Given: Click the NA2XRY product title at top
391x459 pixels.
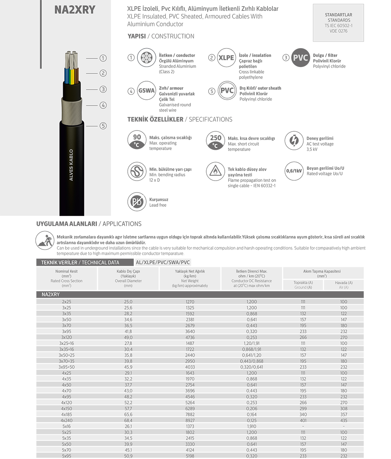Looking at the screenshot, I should click(75, 10).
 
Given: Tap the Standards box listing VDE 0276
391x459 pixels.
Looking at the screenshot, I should click(338, 23).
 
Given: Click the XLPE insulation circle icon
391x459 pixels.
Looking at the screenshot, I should click(226, 58).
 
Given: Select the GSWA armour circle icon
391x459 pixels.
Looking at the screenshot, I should click(146, 91).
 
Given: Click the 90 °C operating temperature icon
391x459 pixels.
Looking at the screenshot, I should click(137, 140).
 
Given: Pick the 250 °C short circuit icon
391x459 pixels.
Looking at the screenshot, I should click(216, 140).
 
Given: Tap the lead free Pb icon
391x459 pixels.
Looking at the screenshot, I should click(137, 202).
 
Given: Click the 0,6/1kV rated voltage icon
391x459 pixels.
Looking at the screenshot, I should click(294, 171).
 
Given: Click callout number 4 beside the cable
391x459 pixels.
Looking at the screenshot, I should click(103, 105).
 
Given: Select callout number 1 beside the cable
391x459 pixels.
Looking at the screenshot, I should click(103, 58).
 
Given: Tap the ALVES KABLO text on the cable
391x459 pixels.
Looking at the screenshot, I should click(71, 165).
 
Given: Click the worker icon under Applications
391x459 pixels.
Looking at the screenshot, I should click(45, 240).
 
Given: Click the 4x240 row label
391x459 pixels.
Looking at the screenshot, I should click(66, 420).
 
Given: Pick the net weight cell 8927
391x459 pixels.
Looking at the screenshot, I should click(190, 420).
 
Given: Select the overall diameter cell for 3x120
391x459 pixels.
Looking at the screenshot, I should click(128, 337).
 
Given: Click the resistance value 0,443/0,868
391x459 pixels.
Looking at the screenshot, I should click(252, 361).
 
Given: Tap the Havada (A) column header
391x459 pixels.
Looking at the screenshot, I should click(343, 285).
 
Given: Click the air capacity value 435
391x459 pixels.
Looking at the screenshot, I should click(343, 420).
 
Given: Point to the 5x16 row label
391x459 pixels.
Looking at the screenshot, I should click(66, 426).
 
